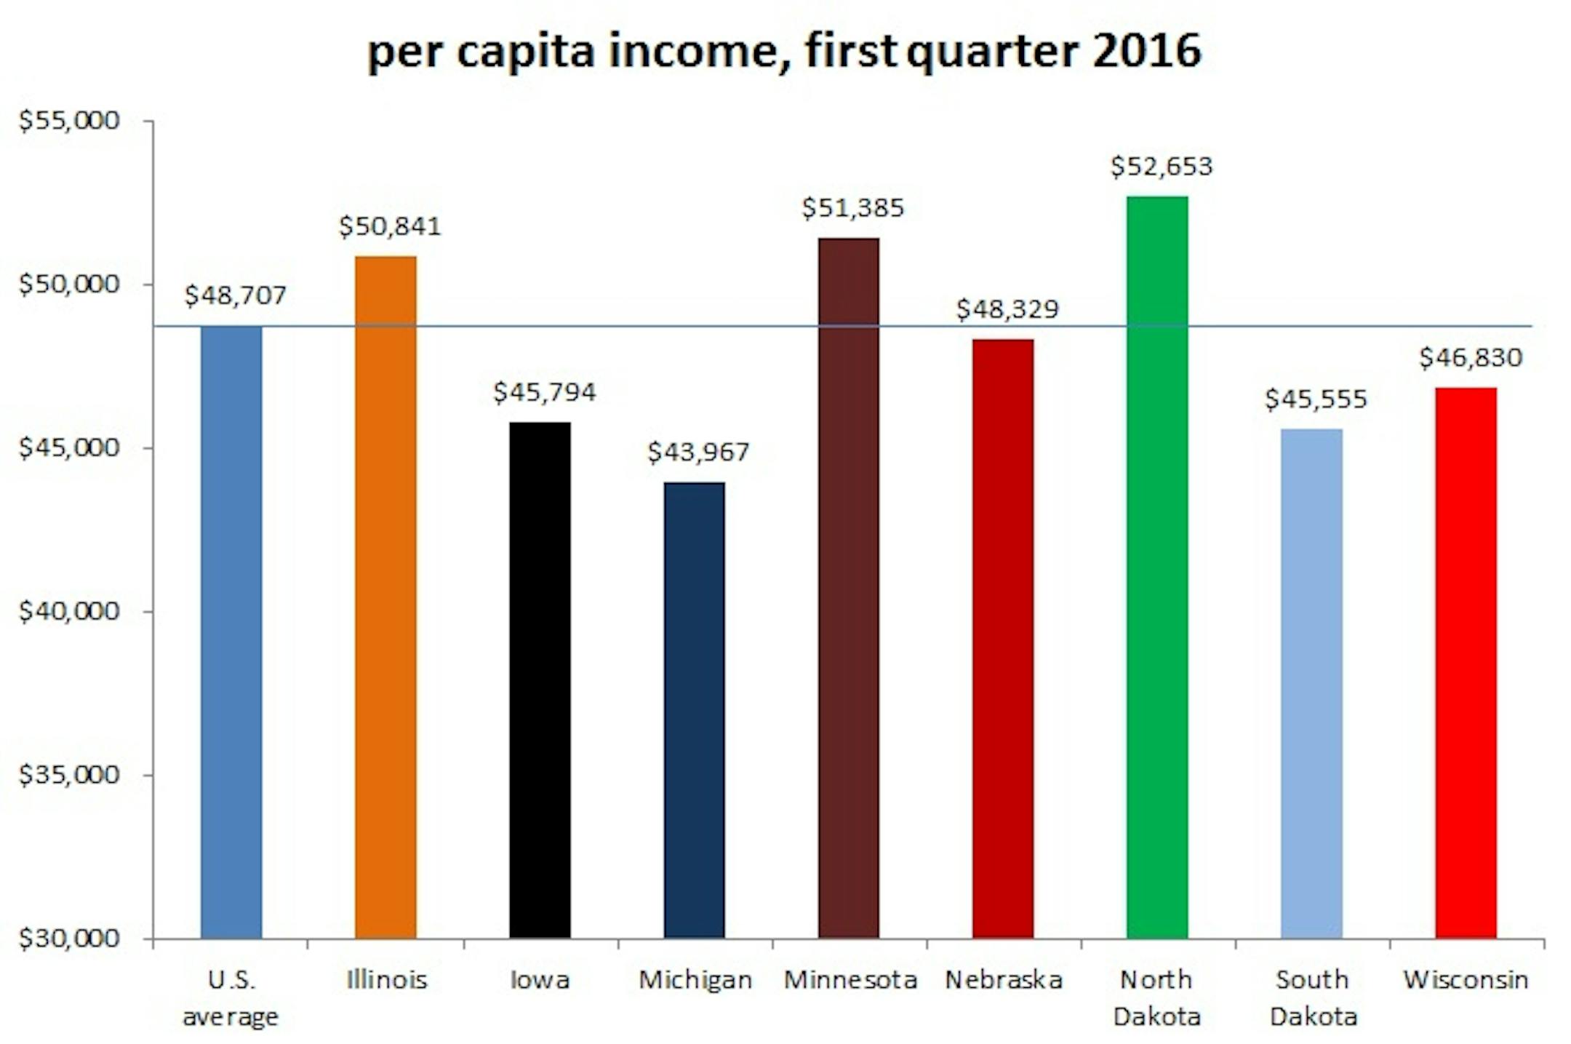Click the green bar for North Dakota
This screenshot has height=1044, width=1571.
[1156, 567]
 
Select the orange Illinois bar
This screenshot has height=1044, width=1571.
[385, 597]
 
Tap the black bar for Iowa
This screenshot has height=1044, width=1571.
[540, 680]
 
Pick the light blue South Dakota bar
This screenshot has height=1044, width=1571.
[1311, 684]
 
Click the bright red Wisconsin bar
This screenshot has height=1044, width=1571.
[1466, 662]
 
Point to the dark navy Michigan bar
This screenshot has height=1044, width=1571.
[694, 709]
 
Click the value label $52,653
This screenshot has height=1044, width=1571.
[1162, 167]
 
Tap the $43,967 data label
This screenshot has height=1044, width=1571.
[698, 453]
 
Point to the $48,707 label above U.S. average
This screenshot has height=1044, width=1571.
[235, 295]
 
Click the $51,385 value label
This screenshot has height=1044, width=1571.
[852, 208]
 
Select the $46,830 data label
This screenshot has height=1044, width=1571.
[1470, 358]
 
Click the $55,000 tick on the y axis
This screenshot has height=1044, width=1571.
[69, 121]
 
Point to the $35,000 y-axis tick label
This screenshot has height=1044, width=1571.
[69, 775]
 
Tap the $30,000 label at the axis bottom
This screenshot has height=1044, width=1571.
[69, 939]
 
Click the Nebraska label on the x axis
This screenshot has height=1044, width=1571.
[1003, 980]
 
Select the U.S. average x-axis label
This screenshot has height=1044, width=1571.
[231, 997]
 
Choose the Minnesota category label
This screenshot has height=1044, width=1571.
[850, 980]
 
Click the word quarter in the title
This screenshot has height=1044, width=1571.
[992, 52]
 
